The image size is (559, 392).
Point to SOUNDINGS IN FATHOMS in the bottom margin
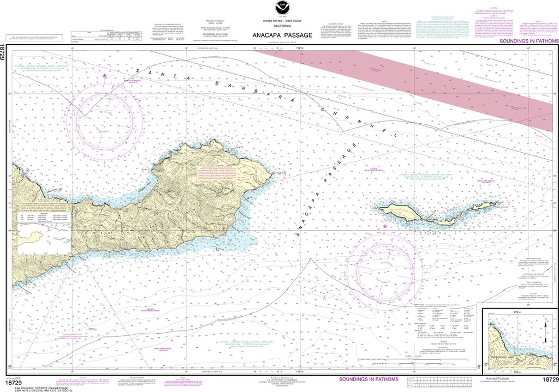pyautogui.click(x=368, y=379)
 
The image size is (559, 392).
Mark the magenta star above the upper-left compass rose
pyautogui.click(x=105, y=76)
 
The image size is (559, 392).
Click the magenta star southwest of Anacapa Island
pyautogui.click(x=385, y=226)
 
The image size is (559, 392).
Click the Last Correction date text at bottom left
pyautogui.click(x=33, y=383)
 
